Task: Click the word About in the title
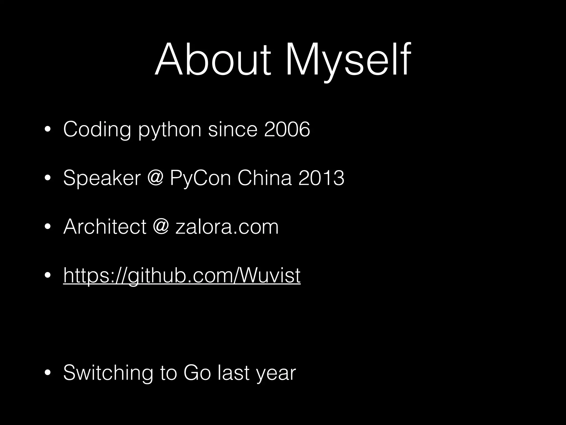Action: tap(213, 59)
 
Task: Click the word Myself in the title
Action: tap(348, 59)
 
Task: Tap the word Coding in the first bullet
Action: tap(97, 129)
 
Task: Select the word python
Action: tap(170, 129)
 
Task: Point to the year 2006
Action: tap(287, 129)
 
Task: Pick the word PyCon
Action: tap(200, 178)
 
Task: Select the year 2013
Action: tap(321, 178)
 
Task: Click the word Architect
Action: tap(105, 227)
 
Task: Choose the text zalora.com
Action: tap(227, 227)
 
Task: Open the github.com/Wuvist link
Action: tap(182, 275)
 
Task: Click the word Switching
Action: tap(108, 373)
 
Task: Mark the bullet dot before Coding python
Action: tap(48, 129)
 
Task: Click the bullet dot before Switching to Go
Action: tap(48, 373)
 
